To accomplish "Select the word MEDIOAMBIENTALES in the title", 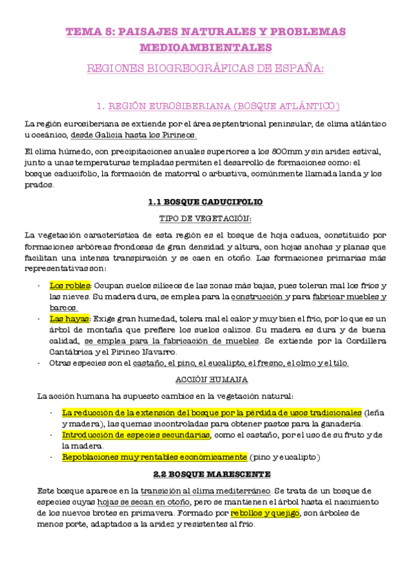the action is [x=205, y=47].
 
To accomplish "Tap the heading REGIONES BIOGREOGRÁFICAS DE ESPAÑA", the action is [x=205, y=69].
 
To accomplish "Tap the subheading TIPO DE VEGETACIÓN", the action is [x=205, y=218].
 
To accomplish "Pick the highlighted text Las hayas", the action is [x=70, y=319].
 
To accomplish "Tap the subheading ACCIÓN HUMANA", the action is [x=205, y=380].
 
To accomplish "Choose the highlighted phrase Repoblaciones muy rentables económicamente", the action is [x=154, y=457].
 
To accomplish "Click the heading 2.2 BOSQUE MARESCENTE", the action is [x=205, y=474].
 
